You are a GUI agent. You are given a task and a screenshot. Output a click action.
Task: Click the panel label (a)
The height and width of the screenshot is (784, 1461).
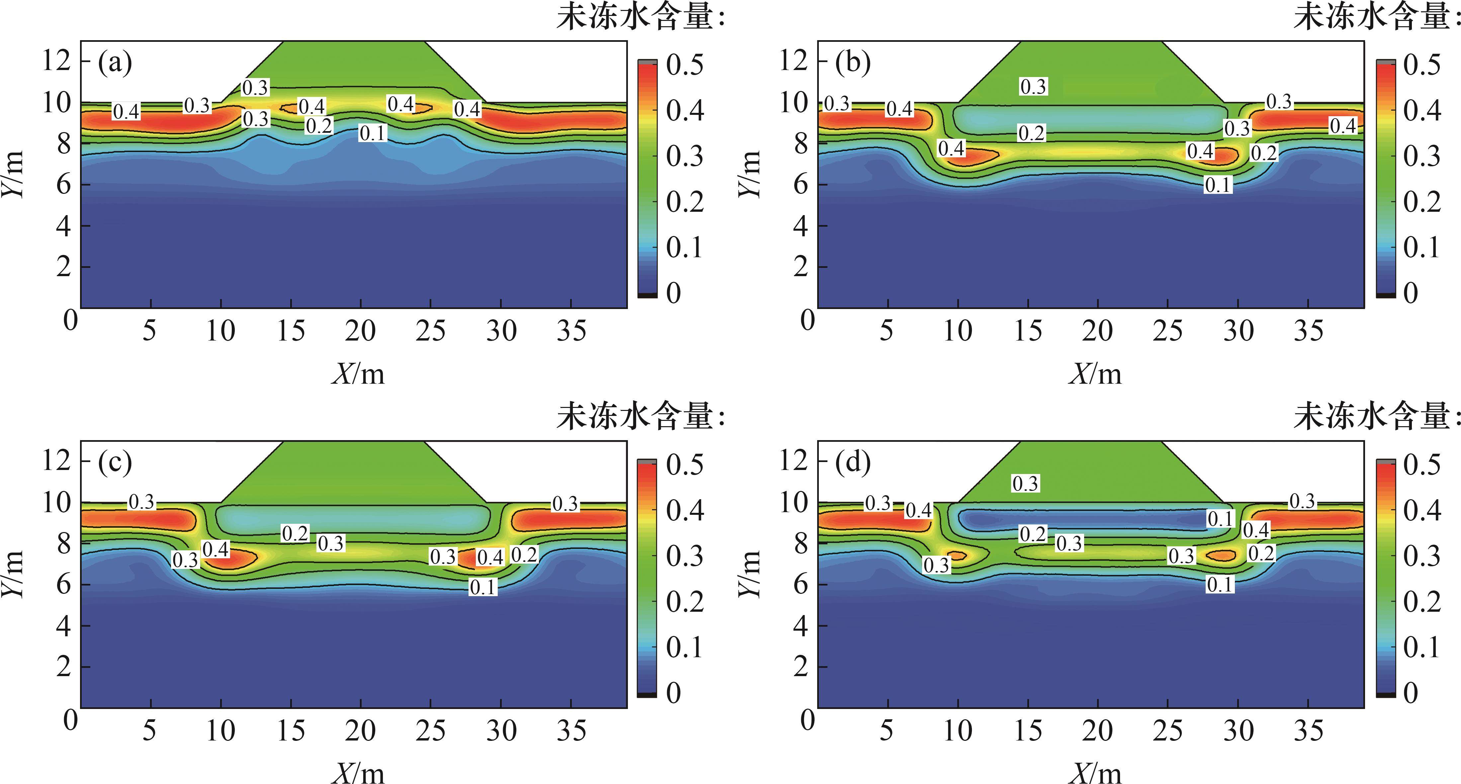(115, 63)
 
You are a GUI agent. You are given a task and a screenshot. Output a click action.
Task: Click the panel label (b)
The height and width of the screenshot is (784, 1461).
(852, 63)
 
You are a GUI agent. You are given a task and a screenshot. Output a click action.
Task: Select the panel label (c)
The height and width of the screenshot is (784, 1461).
(115, 463)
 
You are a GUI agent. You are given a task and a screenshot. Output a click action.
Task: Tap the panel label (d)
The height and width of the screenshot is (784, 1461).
(852, 463)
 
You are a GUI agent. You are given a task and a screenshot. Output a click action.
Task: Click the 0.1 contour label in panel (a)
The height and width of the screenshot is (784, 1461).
(373, 133)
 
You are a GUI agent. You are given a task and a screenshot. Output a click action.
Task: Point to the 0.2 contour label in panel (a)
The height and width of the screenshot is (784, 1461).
(319, 125)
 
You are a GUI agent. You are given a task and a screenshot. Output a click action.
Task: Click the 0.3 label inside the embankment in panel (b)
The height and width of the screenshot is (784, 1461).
(1033, 87)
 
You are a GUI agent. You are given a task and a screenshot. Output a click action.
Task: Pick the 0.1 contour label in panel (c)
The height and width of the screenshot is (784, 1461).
(483, 587)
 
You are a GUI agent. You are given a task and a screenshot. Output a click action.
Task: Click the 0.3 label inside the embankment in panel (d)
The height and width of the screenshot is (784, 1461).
(1025, 484)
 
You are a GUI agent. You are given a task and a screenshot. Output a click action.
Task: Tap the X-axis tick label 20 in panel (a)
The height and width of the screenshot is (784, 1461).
(360, 331)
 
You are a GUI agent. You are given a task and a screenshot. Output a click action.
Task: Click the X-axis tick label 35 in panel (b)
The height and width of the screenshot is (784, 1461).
(1309, 331)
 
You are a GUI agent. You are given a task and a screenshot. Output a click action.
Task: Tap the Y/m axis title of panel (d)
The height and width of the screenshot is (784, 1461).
(750, 573)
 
